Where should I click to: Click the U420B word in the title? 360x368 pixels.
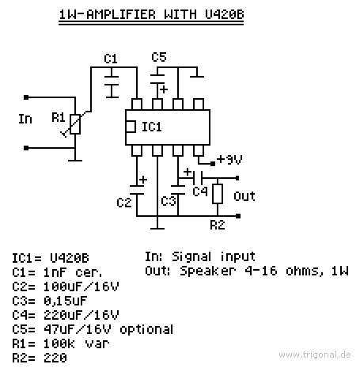(x=224, y=14)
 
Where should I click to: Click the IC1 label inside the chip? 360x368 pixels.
(x=152, y=127)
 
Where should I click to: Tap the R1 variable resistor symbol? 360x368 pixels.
(x=75, y=124)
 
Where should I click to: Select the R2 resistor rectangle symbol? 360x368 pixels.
(x=218, y=194)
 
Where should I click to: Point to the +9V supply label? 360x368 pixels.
(x=229, y=160)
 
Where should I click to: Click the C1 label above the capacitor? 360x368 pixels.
(x=111, y=59)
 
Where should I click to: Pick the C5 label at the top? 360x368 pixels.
(x=159, y=57)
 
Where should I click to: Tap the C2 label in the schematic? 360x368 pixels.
(x=124, y=203)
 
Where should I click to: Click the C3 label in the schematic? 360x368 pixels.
(x=169, y=201)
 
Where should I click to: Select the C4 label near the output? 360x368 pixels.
(x=200, y=192)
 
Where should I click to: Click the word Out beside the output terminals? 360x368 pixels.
(x=244, y=196)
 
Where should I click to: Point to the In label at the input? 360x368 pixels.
(x=25, y=119)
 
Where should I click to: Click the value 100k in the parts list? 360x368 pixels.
(x=59, y=343)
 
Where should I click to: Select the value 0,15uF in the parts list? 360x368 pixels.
(x=65, y=301)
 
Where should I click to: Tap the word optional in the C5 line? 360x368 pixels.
(x=146, y=329)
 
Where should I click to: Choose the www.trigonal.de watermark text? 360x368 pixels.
(x=315, y=355)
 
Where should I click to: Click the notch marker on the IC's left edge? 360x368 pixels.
(x=131, y=127)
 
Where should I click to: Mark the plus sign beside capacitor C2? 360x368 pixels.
(x=143, y=180)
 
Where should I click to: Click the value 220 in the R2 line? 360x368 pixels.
(x=55, y=358)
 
